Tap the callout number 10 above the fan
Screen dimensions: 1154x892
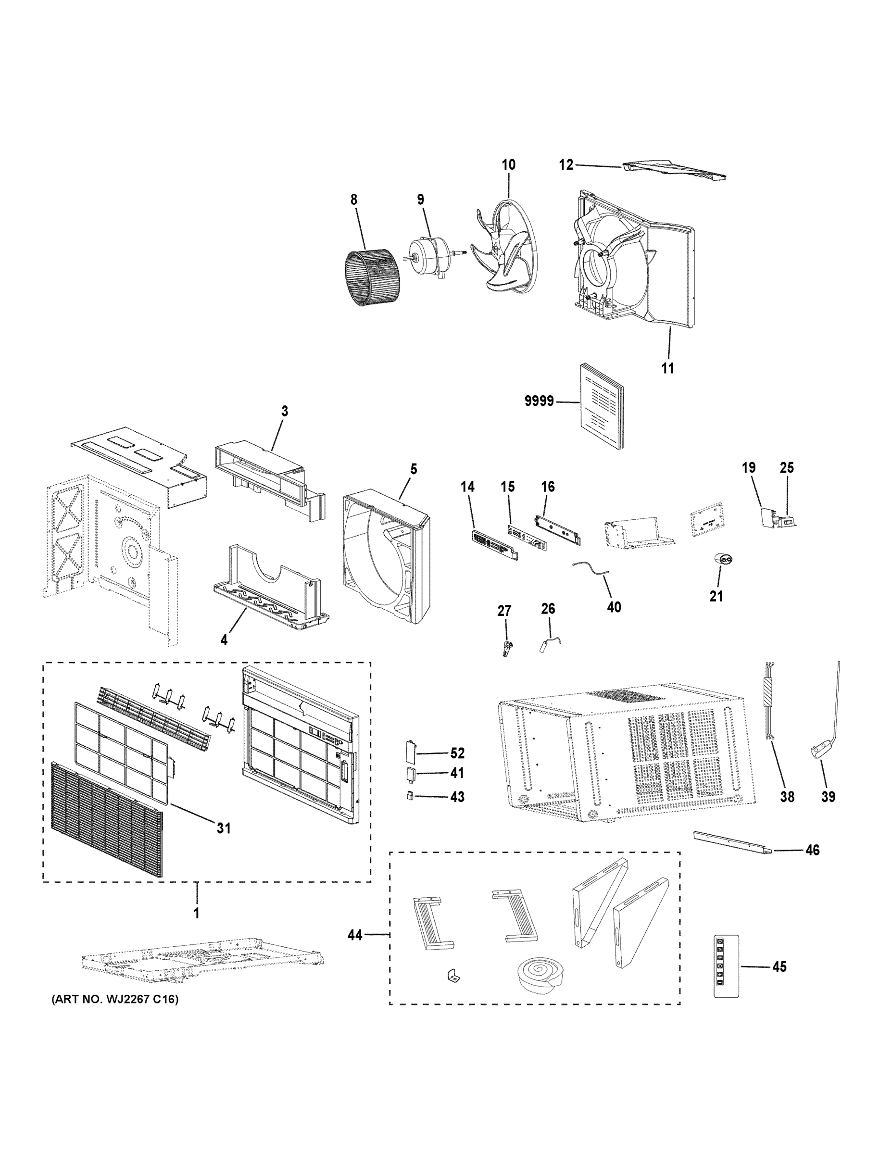coord(508,165)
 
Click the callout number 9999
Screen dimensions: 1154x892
coord(539,401)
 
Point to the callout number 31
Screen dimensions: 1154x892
coord(224,828)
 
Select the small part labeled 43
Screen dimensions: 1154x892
coord(410,796)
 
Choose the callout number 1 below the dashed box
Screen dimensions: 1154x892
coord(197,913)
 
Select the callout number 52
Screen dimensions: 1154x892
coord(456,753)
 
